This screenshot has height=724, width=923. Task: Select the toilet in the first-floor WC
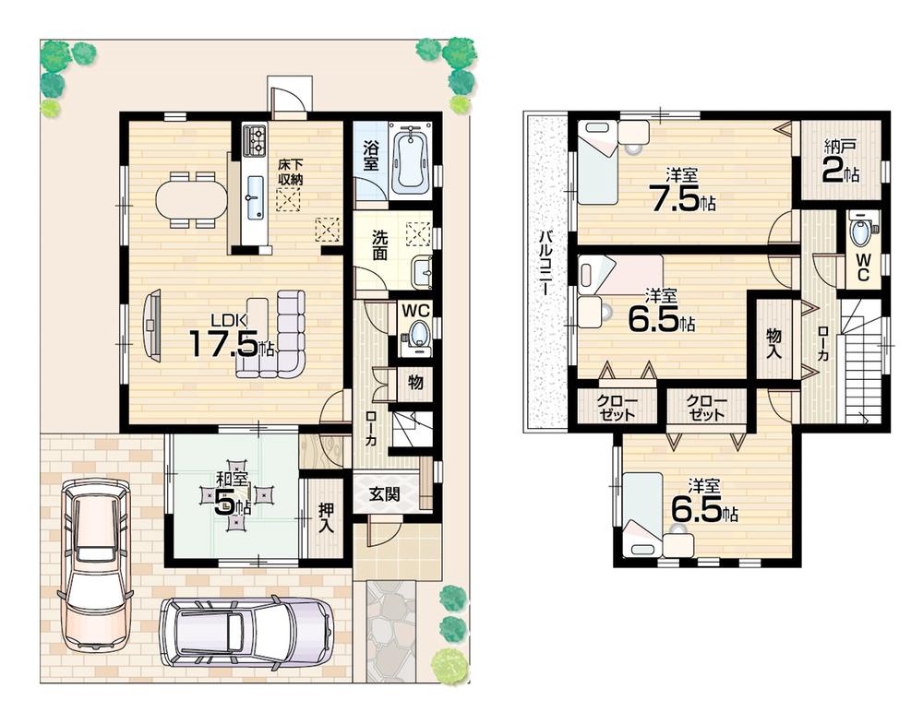tap(418, 334)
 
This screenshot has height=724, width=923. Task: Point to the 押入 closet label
tap(325, 519)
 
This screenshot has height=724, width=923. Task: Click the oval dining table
tap(191, 198)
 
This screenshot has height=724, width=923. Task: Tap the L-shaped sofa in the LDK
tap(277, 337)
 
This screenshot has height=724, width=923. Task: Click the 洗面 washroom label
tap(379, 244)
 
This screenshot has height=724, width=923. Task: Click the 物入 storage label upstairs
tap(773, 342)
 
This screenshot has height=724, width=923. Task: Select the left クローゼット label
tap(615, 407)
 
